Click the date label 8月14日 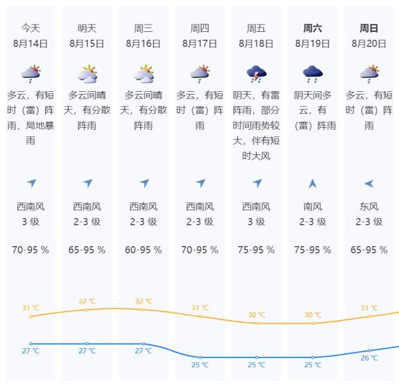31,44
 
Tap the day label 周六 313,29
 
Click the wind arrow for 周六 313,184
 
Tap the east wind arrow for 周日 369,184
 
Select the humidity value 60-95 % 144,250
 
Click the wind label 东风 369,207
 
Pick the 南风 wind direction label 313,207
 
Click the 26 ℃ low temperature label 369,358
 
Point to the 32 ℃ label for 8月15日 87,301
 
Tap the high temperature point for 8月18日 257,323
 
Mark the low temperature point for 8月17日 200,357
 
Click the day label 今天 31,29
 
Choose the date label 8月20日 369,44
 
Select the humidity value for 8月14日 31,250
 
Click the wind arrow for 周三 144,184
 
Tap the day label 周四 200,29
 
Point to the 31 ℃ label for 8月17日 200,307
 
